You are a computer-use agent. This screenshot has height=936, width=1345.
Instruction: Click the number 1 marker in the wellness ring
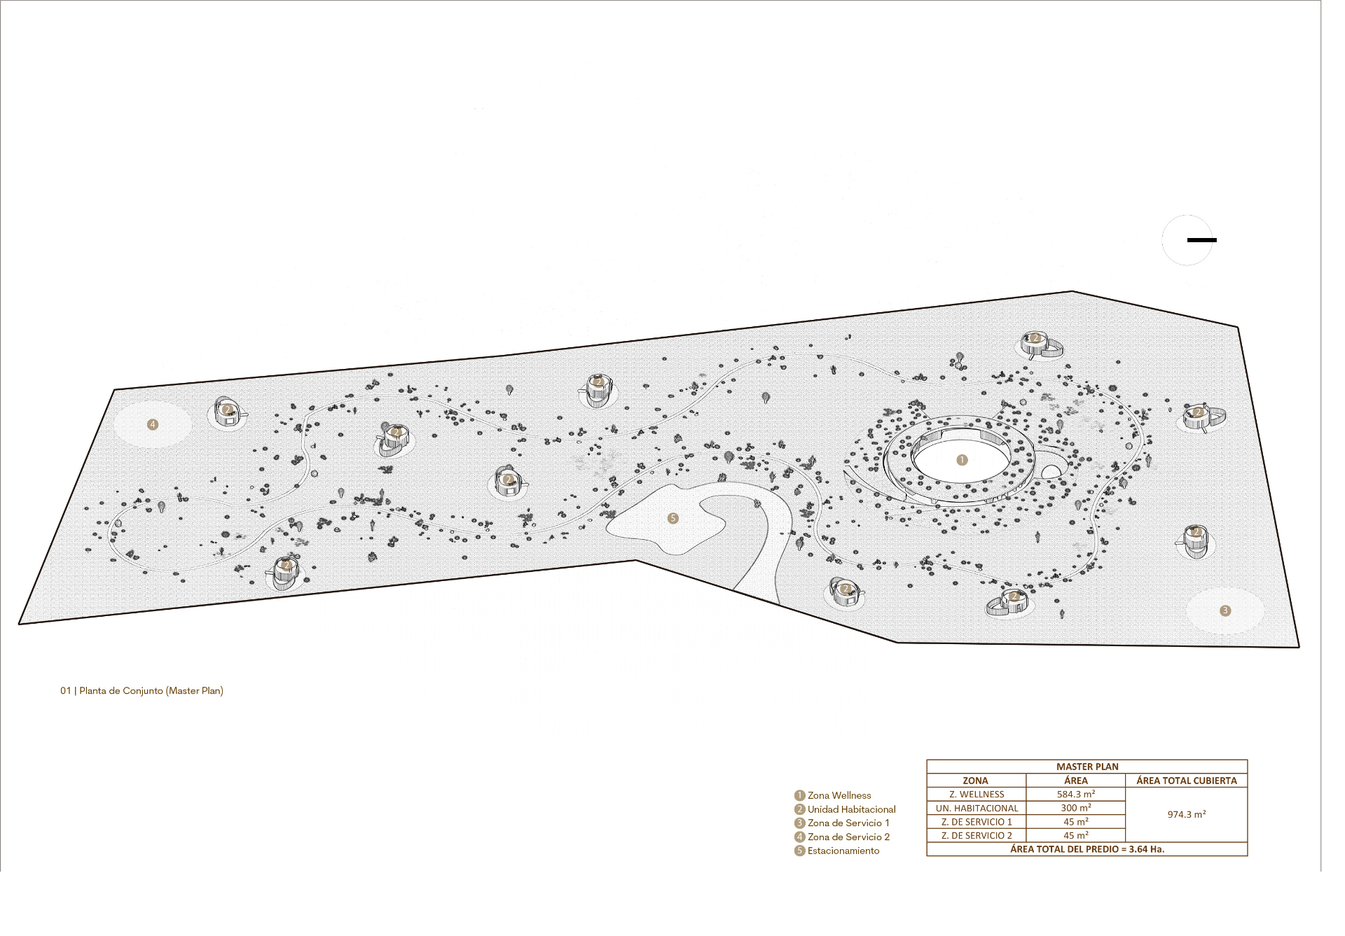[x=962, y=460]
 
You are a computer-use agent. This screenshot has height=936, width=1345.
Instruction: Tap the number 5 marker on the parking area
[x=673, y=519]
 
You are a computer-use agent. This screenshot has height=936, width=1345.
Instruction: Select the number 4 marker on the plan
[x=153, y=424]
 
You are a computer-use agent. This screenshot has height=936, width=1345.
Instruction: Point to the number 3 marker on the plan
[x=1225, y=610]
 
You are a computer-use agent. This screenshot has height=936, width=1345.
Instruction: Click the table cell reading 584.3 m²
[x=1076, y=794]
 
